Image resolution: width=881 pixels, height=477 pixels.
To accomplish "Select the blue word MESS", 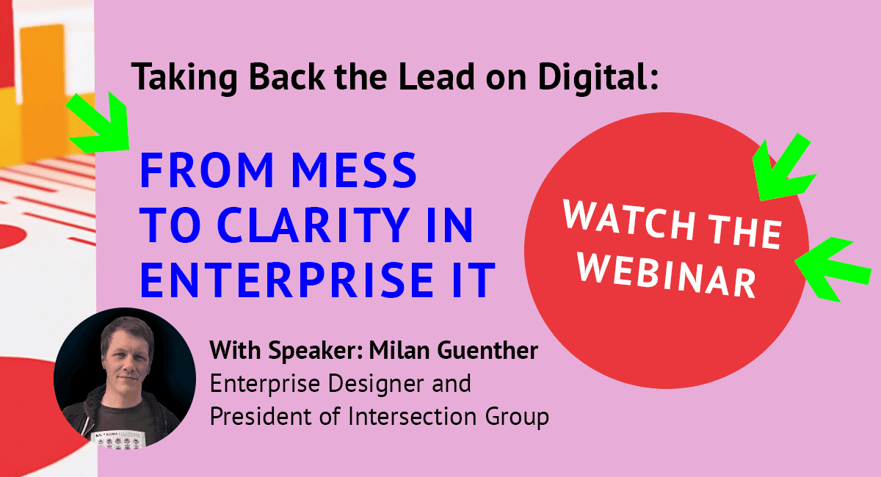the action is coord(354,170).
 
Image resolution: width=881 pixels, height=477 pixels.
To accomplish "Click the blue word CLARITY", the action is coord(313,225).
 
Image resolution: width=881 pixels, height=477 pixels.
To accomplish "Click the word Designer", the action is coord(377,383).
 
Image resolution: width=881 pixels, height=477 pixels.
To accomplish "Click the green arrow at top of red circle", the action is coord(783,168).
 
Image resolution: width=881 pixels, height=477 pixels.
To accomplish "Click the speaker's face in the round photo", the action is coord(126,354).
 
